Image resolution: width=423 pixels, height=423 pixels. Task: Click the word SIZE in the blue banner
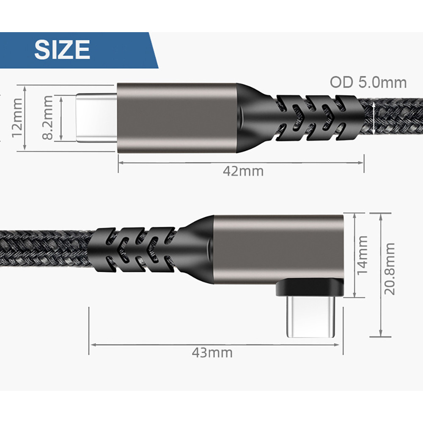tap(62, 49)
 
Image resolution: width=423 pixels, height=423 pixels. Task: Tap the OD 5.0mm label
tap(368, 82)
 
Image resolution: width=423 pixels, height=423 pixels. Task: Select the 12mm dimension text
tap(17, 118)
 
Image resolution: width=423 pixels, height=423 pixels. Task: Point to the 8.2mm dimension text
tap(48, 118)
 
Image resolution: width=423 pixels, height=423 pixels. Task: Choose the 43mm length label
tap(212, 353)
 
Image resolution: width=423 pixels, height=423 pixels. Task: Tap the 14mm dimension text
tap(363, 255)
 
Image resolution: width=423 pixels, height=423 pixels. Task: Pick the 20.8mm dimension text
tap(390, 269)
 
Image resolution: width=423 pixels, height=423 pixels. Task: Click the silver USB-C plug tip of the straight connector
tap(96, 118)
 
